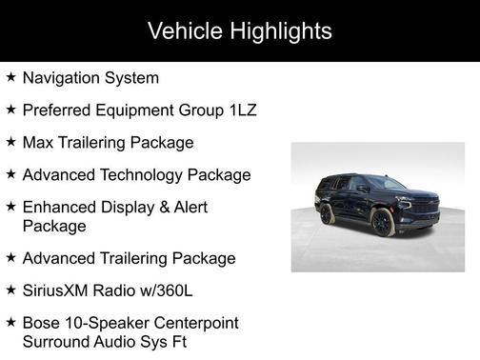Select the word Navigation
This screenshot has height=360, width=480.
(64, 78)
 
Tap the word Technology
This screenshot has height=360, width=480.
(140, 175)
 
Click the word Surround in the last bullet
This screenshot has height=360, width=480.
(58, 341)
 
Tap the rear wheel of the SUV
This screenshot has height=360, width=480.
(327, 213)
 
